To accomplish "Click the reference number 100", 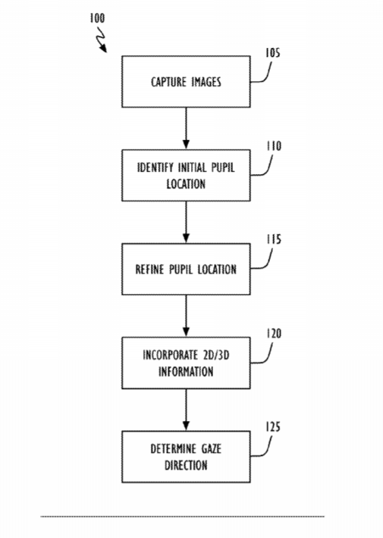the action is [x=97, y=17].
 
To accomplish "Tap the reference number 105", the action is [x=273, y=53].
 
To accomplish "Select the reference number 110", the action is [x=274, y=146].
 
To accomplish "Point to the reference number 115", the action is [x=274, y=239].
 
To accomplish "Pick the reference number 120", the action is [x=274, y=333].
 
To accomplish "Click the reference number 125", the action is [x=273, y=427].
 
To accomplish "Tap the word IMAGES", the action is [x=206, y=82].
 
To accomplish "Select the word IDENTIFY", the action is [x=155, y=167].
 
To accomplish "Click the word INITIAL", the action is [x=192, y=167].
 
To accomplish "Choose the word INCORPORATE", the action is [x=170, y=355].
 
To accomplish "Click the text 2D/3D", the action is [x=216, y=355].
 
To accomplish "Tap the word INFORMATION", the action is [x=186, y=372].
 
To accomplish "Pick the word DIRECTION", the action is [x=186, y=465].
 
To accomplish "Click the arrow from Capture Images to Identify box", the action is [x=186, y=128].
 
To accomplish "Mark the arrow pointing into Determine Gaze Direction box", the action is [x=186, y=410].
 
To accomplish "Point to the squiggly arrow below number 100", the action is [x=102, y=40].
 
